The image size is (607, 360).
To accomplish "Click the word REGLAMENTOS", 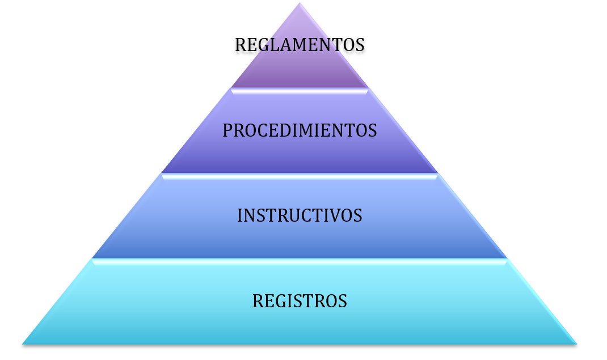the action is coord(300,44).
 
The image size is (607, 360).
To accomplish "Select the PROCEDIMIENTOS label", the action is coord(300,130).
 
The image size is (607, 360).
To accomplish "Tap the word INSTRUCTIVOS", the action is coord(300,215).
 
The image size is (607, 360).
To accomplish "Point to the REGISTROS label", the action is coord(300,301).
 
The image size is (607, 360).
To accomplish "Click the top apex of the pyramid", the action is coord(300,3).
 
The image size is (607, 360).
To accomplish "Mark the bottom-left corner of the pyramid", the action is coord(23,344).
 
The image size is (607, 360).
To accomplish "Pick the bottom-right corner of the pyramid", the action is coord(577,344).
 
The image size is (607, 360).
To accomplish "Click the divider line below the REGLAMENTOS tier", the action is coord(300,91).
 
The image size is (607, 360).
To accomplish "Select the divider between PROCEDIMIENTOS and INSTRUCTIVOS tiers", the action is coord(300,176).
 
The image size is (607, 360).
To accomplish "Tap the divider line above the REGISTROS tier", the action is coord(300,262).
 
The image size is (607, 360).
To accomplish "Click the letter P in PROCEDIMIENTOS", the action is coord(227,130).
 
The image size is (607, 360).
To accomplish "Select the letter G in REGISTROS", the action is coord(280,301).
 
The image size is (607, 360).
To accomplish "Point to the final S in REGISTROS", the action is coord(343,301).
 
